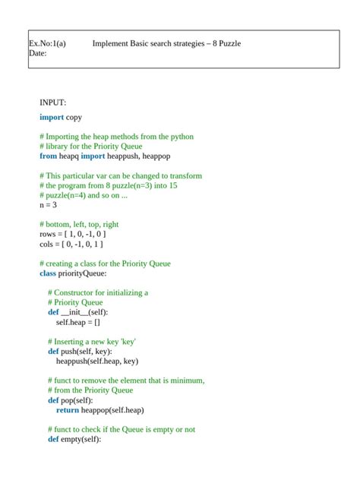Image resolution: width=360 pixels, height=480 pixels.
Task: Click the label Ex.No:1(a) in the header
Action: pyautogui.click(x=47, y=43)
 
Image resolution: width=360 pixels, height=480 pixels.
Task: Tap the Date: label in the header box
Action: pyautogui.click(x=37, y=53)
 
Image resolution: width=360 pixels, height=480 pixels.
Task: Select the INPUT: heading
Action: pyautogui.click(x=53, y=102)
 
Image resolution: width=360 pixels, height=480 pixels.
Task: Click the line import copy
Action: pyautogui.click(x=61, y=117)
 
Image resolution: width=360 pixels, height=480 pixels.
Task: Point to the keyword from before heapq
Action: pyautogui.click(x=48, y=156)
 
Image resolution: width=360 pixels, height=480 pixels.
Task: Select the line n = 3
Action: pyautogui.click(x=48, y=204)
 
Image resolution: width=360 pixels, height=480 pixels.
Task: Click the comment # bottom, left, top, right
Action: pyautogui.click(x=79, y=224)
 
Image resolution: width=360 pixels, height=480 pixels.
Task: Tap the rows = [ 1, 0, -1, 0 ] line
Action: pyautogui.click(x=73, y=234)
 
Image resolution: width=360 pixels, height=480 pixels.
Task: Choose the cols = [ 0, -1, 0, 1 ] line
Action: pyautogui.click(x=71, y=244)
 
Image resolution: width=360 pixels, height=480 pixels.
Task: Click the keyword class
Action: pyautogui.click(x=48, y=273)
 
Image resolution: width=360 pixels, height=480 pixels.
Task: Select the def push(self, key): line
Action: pyautogui.click(x=79, y=352)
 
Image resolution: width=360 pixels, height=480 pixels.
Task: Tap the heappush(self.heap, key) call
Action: pyautogui.click(x=96, y=362)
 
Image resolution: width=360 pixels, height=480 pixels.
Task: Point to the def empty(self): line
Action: pyautogui.click(x=74, y=439)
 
